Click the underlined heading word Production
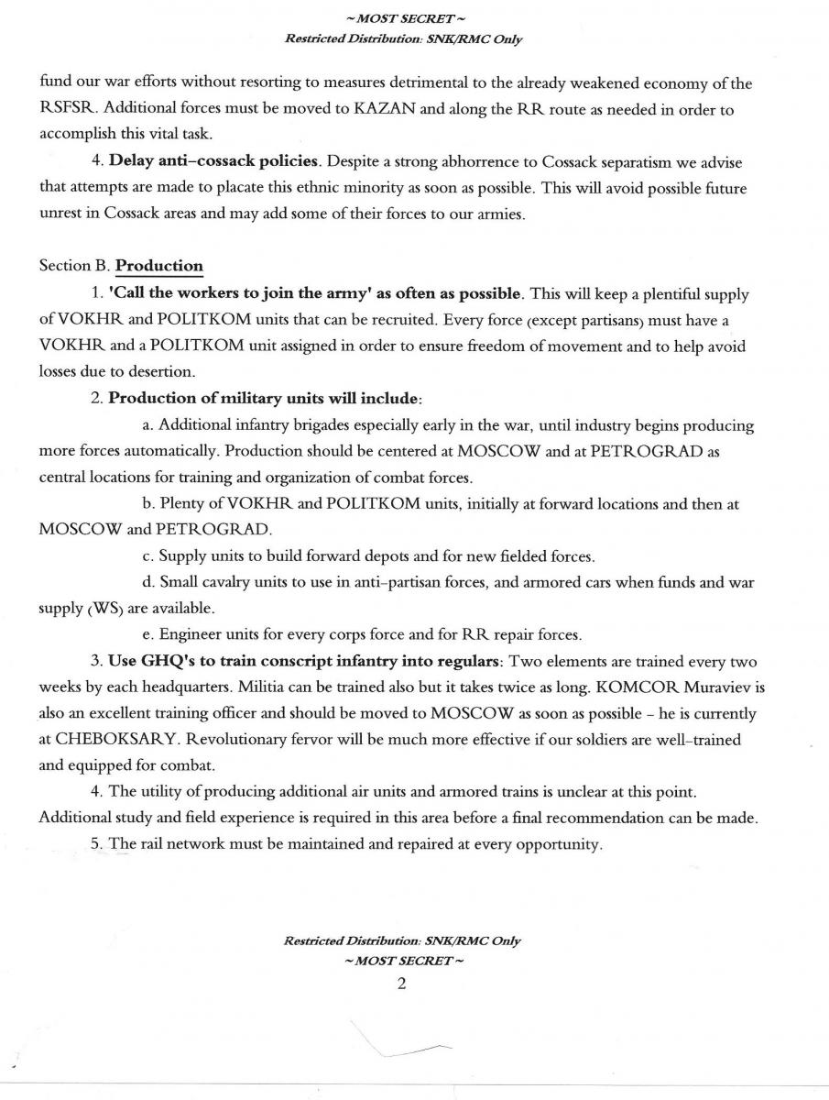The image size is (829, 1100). pos(159,266)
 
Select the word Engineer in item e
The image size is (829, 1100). pos(191,633)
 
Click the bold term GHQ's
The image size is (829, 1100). pos(168,660)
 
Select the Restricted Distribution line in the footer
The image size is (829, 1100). pos(403,941)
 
